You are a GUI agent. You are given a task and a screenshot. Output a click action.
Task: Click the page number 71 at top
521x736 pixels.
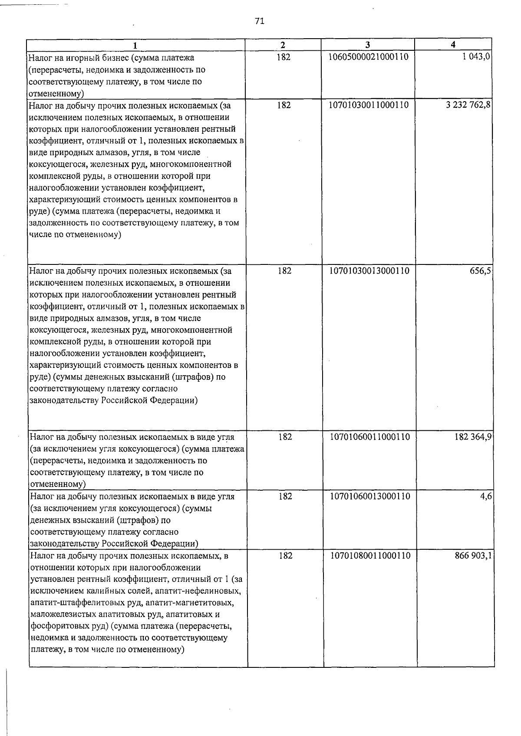point(260,21)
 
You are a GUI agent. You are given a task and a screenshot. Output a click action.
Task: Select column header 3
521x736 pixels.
point(367,45)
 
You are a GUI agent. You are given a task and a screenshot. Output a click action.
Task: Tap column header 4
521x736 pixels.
point(453,45)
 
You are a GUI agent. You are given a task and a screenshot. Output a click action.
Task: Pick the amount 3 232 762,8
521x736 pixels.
point(468,105)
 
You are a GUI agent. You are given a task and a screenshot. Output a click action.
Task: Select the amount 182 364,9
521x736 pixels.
point(473,437)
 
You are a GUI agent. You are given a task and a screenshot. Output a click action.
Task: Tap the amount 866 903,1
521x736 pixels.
point(473,556)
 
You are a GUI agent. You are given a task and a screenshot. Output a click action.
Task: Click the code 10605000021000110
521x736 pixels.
point(369,57)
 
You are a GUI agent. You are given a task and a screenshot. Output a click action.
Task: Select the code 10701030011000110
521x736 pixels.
point(369,105)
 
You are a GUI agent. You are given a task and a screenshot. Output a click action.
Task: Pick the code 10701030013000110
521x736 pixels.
point(369,271)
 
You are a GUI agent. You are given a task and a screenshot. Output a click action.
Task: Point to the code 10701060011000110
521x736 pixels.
point(370,437)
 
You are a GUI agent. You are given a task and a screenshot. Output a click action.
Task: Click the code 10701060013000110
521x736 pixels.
point(370,496)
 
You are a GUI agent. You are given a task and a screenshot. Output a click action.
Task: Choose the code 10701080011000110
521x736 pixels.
point(370,556)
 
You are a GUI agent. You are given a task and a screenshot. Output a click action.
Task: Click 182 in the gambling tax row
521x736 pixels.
point(284,57)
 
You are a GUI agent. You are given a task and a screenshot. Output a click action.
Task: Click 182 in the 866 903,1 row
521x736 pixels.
point(285,556)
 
